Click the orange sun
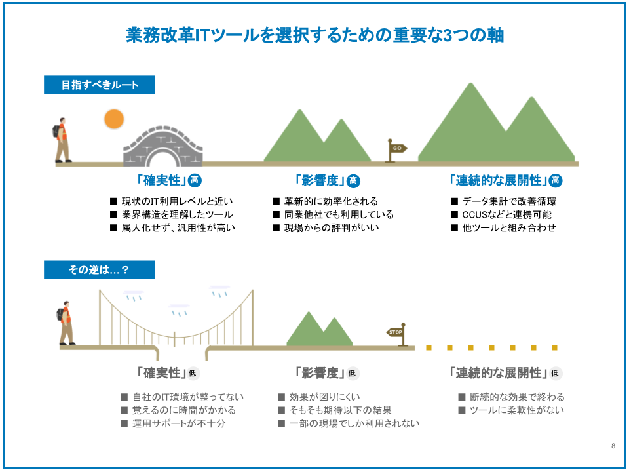[114, 119]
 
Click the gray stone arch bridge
[163, 146]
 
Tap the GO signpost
[396, 151]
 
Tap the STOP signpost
[398, 334]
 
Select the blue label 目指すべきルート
[99, 85]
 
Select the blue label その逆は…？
[99, 269]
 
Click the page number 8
[613, 446]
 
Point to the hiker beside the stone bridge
[62, 140]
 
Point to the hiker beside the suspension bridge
[66, 323]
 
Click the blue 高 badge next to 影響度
[353, 181]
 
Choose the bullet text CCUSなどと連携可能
[506, 214]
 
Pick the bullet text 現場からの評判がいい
[332, 227]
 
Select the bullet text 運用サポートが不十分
[179, 423]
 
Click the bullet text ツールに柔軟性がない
[517, 410]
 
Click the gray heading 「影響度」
[320, 373]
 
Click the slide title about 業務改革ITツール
[315, 35]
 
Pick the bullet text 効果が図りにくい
[324, 397]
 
